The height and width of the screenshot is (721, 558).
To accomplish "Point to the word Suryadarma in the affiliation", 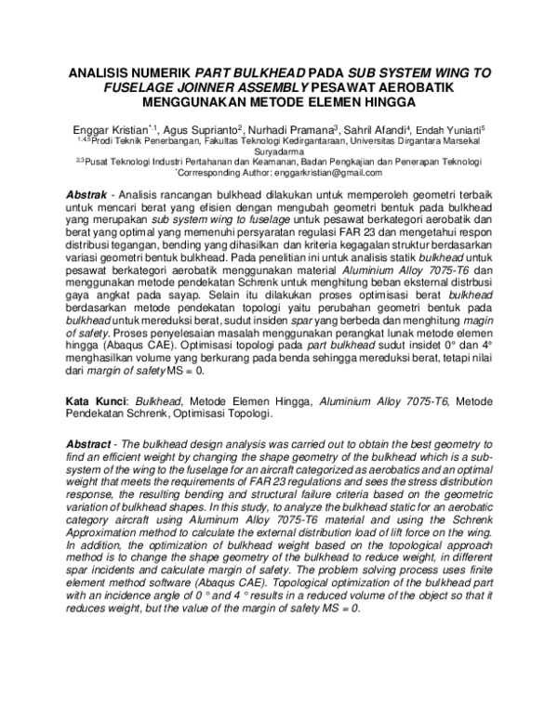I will pos(278,149).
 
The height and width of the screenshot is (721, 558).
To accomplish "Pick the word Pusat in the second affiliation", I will pos(96,161).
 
